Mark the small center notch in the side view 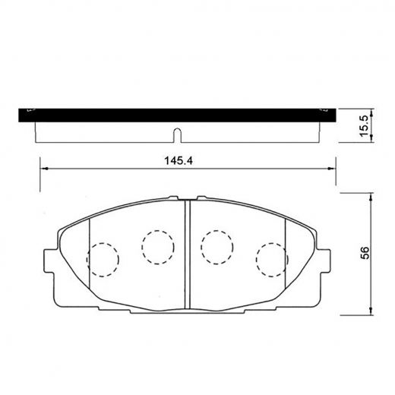coord(175,137)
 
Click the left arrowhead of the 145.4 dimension coord(41,169)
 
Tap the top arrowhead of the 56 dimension coord(370,194)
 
